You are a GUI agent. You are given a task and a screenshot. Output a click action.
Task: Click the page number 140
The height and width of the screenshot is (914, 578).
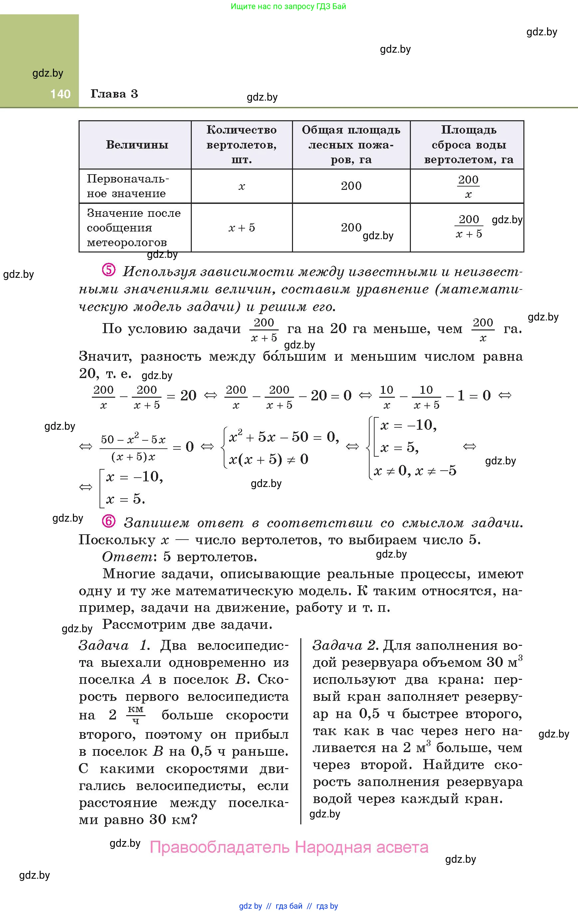(60, 94)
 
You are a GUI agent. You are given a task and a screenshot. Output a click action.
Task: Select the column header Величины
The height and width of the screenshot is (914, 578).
(137, 145)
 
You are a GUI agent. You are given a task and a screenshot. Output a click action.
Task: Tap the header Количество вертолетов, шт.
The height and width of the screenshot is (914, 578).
(241, 145)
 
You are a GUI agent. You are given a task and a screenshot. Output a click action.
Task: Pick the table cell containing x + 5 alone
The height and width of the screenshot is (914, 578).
(241, 228)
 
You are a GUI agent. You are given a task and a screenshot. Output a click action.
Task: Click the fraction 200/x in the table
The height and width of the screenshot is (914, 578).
(468, 187)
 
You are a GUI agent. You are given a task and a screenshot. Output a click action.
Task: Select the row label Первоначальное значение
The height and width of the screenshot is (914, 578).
(128, 186)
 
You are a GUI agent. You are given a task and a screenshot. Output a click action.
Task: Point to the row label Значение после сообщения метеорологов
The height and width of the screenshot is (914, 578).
(133, 228)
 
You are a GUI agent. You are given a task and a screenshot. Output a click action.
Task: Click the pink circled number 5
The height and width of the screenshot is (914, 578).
(109, 270)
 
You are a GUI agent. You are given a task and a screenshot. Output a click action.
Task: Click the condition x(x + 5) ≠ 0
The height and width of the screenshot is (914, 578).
(268, 459)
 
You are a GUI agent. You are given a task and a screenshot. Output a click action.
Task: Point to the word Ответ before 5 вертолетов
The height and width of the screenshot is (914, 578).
(127, 557)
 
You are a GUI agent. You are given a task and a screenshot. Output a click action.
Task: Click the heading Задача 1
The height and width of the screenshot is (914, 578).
(114, 645)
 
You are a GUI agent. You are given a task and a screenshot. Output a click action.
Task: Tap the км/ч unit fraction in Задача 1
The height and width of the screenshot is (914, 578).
(136, 715)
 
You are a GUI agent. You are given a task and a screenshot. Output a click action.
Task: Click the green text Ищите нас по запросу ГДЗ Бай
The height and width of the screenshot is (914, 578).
(288, 6)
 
